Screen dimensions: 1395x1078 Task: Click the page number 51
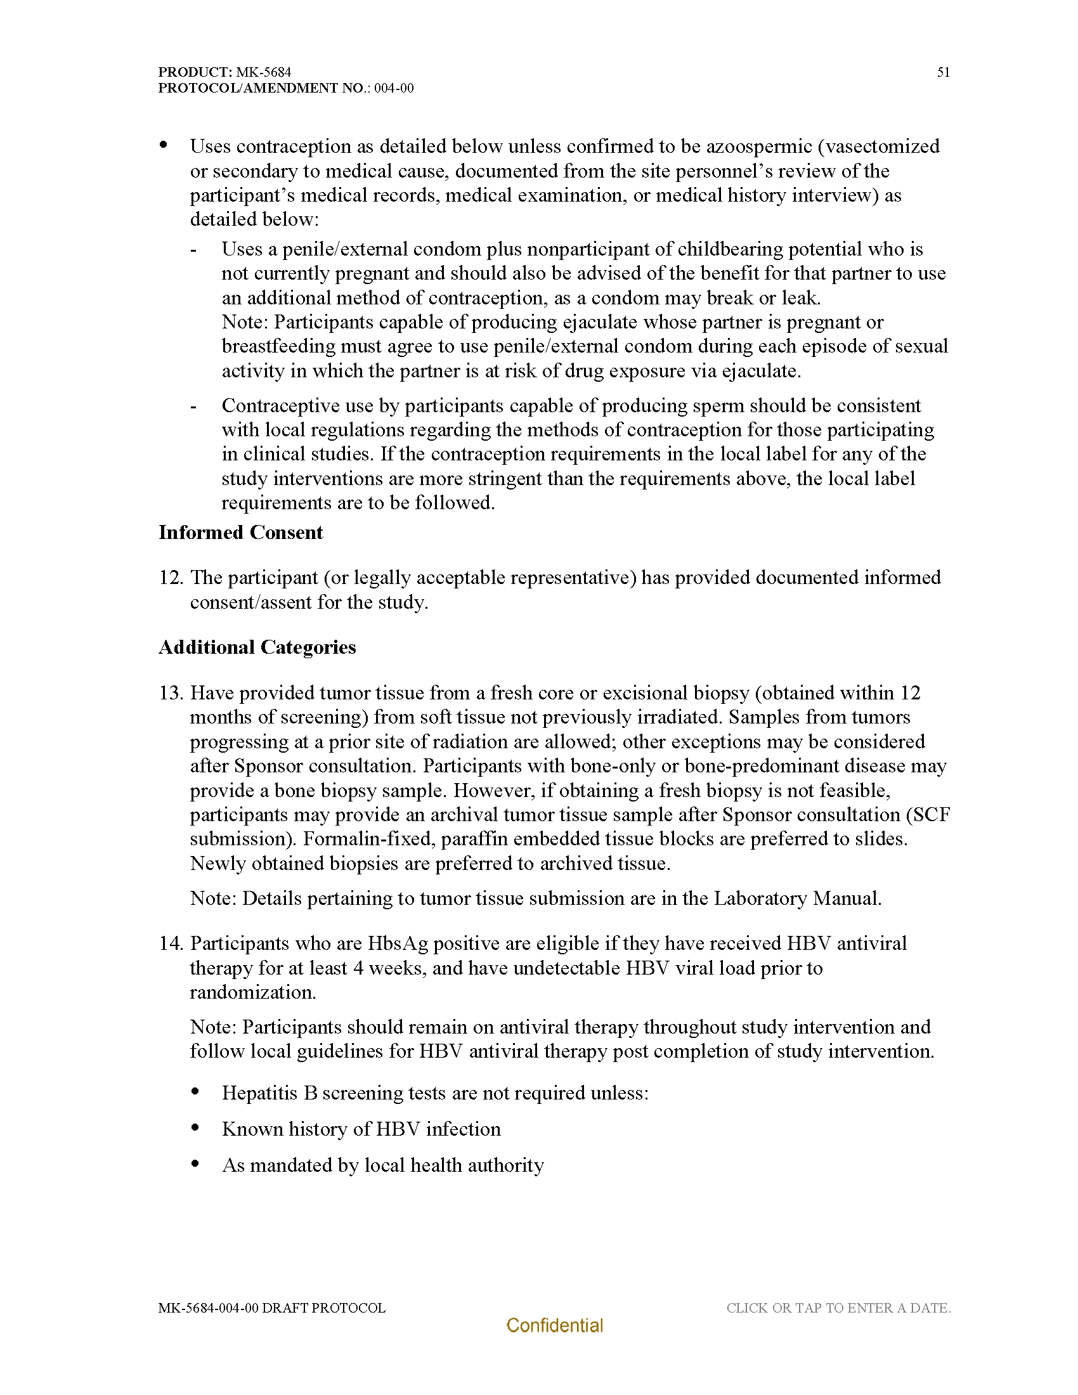[x=944, y=72]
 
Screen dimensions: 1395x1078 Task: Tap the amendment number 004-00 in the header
[x=393, y=88]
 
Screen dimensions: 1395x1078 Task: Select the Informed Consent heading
[x=241, y=533]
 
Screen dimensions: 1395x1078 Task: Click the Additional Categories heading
[x=257, y=647]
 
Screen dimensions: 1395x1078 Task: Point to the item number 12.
[x=171, y=578]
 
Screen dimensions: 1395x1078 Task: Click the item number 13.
[x=171, y=693]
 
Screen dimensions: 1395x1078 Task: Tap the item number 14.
[x=171, y=944]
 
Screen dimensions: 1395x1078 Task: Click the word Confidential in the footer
[x=554, y=1325]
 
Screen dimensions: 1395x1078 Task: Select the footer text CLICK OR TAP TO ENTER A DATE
[x=838, y=1307]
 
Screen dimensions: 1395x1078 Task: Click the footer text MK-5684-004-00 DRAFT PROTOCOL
[x=272, y=1307]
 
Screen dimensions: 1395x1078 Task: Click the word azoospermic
[x=758, y=146]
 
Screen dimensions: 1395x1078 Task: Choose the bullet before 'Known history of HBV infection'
[x=195, y=1129]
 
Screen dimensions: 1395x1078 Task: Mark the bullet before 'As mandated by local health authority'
[x=195, y=1164]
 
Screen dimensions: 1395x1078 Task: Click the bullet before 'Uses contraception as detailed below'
[x=164, y=146]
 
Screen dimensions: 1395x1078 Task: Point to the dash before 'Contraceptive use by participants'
[x=193, y=406]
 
